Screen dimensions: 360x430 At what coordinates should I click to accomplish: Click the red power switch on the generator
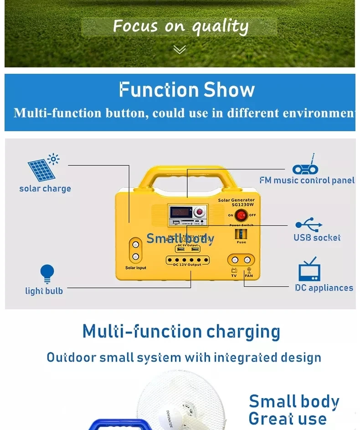tap(241, 215)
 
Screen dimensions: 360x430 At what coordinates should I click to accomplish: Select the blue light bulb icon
tap(46, 274)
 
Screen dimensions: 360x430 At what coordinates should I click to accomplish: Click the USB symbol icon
tap(309, 225)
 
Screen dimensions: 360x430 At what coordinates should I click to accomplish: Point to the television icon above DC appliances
tap(309, 270)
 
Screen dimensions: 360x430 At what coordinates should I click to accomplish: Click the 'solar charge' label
tap(45, 189)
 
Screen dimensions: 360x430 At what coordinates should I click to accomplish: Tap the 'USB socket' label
tap(317, 237)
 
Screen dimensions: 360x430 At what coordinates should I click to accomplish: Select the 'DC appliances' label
tap(324, 288)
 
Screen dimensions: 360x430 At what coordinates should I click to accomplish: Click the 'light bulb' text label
tap(44, 291)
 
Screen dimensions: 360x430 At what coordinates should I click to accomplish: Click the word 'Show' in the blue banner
tap(229, 90)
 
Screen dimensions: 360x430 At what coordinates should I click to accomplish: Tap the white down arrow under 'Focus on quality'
tap(180, 49)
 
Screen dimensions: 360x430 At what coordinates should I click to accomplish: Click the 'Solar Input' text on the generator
tap(135, 268)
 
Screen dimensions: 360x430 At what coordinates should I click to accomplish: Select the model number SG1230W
tap(242, 205)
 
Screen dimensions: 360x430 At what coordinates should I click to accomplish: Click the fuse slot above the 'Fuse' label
tap(241, 234)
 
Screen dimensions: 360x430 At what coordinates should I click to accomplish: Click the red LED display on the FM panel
tap(179, 211)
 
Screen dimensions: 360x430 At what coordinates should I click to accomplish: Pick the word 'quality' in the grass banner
tap(220, 27)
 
